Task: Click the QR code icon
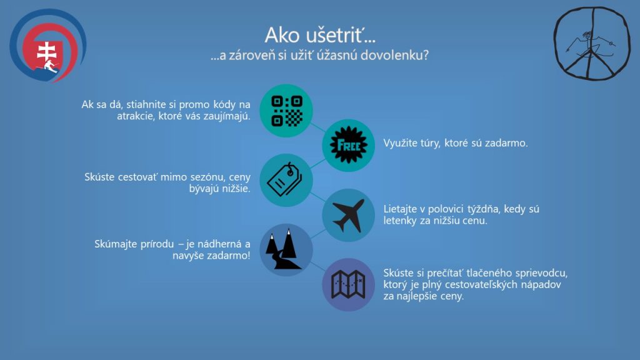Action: (286, 111)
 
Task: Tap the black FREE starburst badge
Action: (348, 145)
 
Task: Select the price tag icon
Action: (285, 179)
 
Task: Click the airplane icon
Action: (349, 216)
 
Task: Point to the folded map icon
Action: (348, 284)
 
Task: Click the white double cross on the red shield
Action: (46, 52)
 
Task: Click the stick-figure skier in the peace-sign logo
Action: (589, 44)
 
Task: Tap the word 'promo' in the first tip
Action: (194, 105)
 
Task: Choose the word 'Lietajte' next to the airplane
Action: (399, 209)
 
